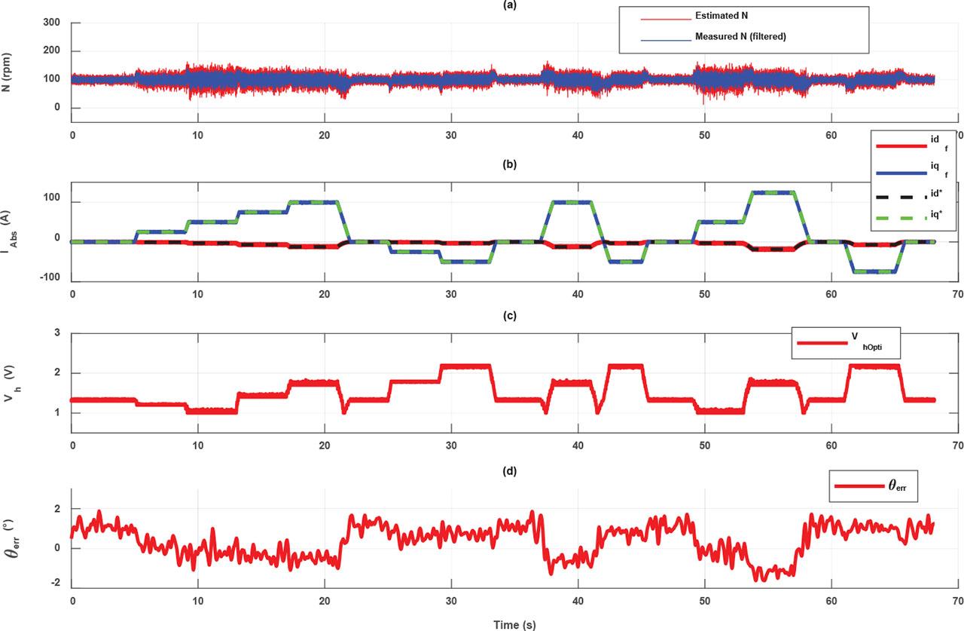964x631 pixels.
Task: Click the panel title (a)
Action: tap(514, 5)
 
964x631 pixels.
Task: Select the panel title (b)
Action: tap(514, 161)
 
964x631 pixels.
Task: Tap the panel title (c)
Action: tap(514, 316)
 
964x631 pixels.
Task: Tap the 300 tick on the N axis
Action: tap(51, 23)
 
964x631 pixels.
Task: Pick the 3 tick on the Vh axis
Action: tap(57, 334)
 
